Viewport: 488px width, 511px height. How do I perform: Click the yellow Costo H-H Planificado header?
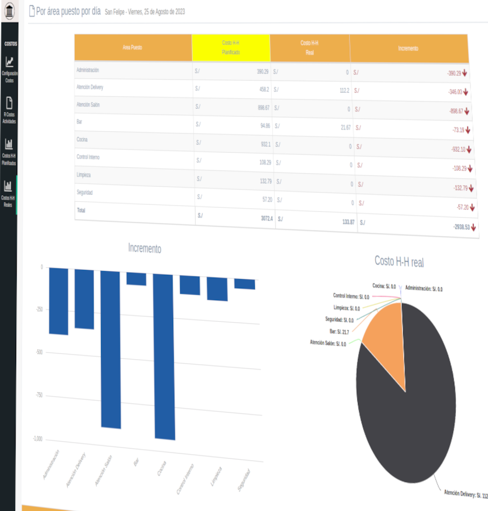pyautogui.click(x=231, y=47)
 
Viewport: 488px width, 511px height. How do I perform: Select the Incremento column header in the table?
pyautogui.click(x=408, y=48)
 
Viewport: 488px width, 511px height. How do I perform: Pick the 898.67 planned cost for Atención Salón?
pyautogui.click(x=263, y=108)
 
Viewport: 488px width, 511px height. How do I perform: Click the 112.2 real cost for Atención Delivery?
pyautogui.click(x=344, y=90)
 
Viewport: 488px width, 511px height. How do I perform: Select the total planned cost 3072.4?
pyautogui.click(x=267, y=218)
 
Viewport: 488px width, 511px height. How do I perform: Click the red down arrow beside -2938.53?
pyautogui.click(x=473, y=228)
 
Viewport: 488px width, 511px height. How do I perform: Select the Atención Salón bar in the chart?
pyautogui.click(x=111, y=350)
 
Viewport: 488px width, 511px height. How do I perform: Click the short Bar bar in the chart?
pyautogui.click(x=136, y=278)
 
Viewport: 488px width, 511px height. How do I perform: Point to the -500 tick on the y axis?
pyautogui.click(x=39, y=352)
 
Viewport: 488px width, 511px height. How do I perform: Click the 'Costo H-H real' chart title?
pyautogui.click(x=399, y=262)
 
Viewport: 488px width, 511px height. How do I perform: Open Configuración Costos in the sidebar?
pyautogui.click(x=9, y=69)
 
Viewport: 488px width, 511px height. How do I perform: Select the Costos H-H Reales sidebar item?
pyautogui.click(x=8, y=194)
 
